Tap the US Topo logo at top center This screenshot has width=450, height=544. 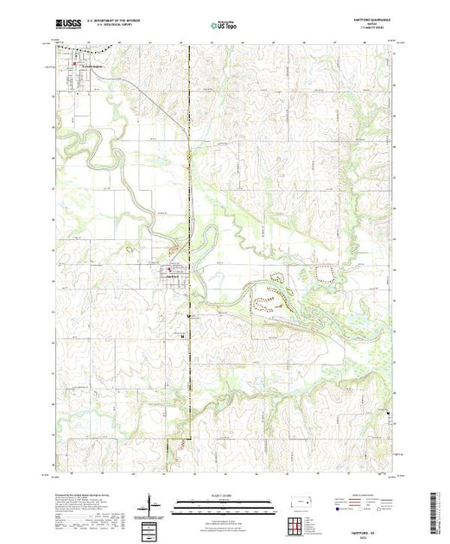(225, 26)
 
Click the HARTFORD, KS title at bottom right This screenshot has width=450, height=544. (361, 530)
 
